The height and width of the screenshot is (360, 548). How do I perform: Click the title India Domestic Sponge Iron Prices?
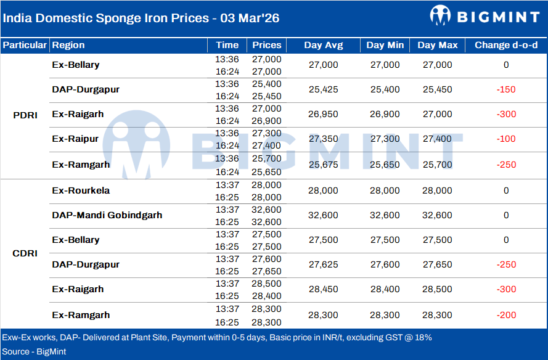(x=141, y=18)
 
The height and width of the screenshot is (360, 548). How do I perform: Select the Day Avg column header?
(x=323, y=45)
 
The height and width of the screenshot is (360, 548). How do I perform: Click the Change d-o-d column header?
(x=505, y=45)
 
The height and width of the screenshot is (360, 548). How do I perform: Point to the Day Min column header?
(x=385, y=45)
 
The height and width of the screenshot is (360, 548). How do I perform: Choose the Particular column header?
(x=25, y=45)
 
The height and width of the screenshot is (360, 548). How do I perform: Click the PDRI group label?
(x=25, y=115)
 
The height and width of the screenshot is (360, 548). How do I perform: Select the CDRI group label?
(x=25, y=253)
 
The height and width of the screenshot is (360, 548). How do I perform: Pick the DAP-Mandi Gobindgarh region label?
(x=107, y=215)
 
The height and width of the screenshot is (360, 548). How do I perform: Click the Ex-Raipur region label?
(x=75, y=139)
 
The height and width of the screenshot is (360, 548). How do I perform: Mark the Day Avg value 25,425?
(x=323, y=89)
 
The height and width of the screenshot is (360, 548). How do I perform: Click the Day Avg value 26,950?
(x=323, y=114)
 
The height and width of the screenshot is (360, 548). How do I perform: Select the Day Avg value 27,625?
(x=323, y=264)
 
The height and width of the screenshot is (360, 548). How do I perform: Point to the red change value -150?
(x=505, y=89)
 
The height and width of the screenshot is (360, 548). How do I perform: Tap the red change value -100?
(x=505, y=139)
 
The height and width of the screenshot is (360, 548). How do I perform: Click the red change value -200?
(x=505, y=315)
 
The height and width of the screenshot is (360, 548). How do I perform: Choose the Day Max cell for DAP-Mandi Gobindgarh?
(x=437, y=215)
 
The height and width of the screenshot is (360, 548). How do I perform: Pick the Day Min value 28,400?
(x=385, y=289)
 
